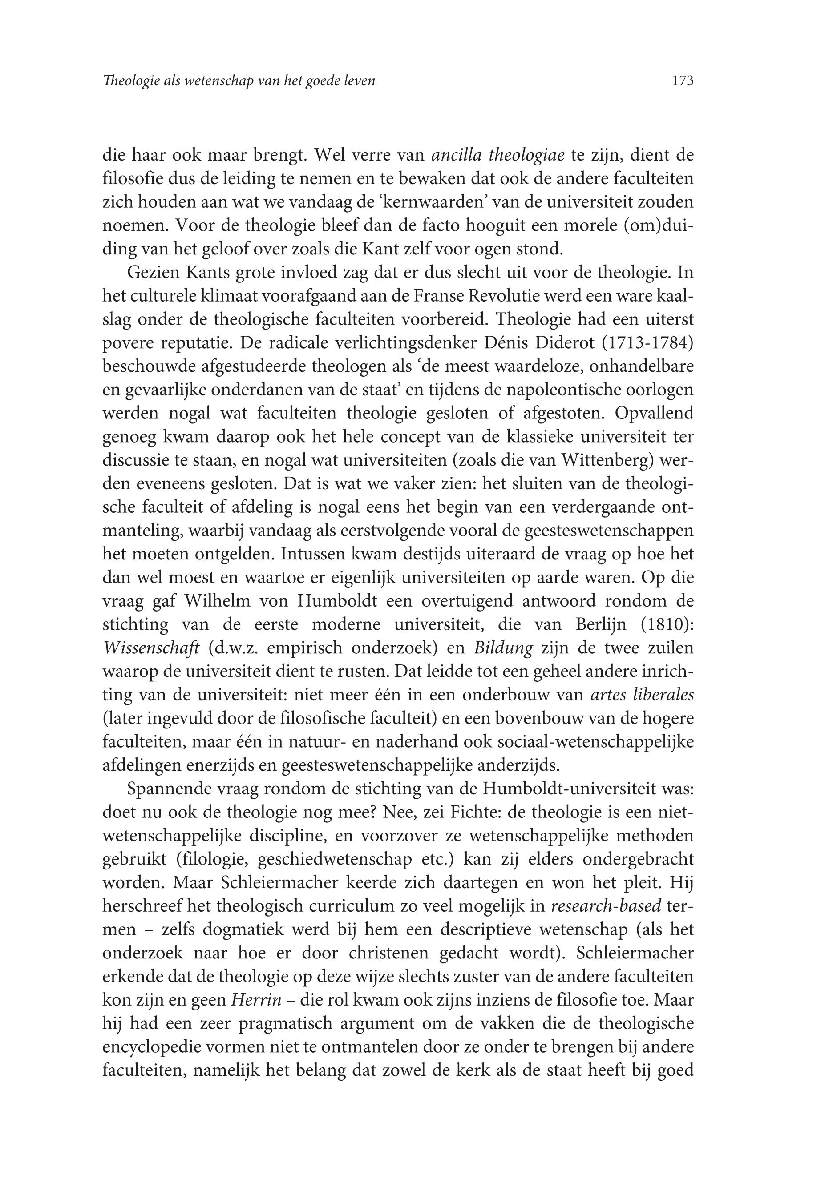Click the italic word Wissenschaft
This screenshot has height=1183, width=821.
pyautogui.click(x=151, y=648)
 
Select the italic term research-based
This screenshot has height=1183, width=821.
pyautogui.click(x=606, y=906)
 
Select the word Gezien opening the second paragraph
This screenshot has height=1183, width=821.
pyautogui.click(x=151, y=273)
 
